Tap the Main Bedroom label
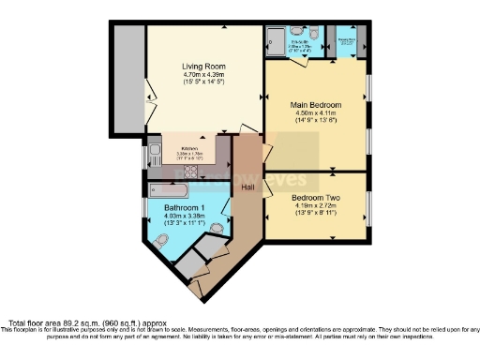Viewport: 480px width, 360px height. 317,104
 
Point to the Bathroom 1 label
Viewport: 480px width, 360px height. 183,207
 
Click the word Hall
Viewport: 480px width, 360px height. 247,187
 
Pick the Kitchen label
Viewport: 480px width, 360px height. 189,148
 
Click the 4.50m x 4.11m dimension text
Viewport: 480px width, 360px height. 317,112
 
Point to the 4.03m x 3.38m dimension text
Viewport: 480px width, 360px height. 183,216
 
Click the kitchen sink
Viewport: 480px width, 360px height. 155,157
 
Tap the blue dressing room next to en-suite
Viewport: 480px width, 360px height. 346,43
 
